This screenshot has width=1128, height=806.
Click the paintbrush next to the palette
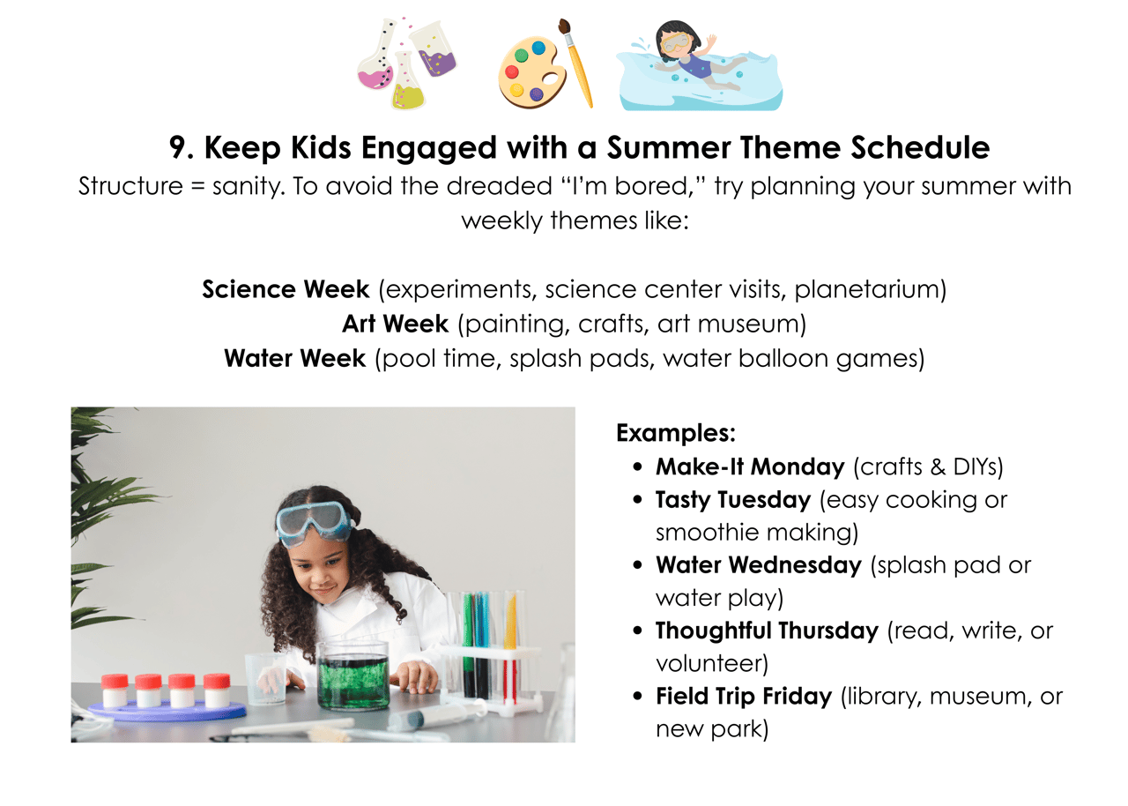pos(576,63)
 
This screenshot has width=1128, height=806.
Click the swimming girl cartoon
pos(700,65)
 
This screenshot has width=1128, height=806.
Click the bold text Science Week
pos(286,289)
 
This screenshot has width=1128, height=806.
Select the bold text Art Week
pos(395,324)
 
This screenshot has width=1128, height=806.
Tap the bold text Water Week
pos(294,359)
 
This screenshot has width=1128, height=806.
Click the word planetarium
pos(870,289)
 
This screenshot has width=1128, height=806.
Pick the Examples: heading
pos(676,433)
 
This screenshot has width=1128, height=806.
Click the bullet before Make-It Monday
pos(637,467)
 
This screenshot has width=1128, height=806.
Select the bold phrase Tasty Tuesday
pos(733,500)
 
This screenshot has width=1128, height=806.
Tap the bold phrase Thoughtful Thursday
pos(767,631)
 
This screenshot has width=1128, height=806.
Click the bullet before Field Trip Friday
pos(637,696)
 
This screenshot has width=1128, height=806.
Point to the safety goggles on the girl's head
pos(312,524)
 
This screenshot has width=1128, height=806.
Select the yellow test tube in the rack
pos(510,621)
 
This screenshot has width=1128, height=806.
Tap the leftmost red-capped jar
pos(115,690)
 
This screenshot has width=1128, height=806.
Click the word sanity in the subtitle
pos(244,187)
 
